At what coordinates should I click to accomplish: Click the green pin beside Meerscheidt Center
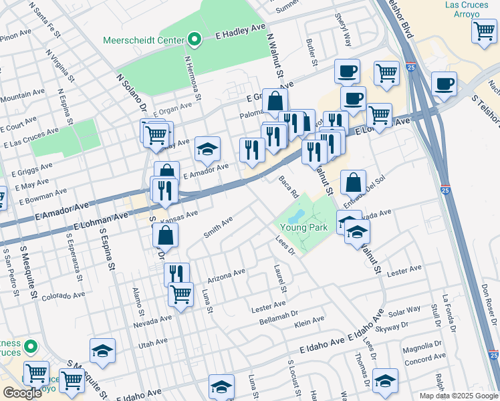(x=195, y=40)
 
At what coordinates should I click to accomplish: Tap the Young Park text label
(x=308, y=227)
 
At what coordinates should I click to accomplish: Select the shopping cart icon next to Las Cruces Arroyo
(x=483, y=31)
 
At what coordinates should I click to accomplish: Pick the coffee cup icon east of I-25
(x=444, y=84)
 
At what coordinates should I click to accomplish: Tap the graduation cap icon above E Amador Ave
(x=208, y=149)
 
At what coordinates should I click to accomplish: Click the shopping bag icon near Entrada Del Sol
(x=353, y=182)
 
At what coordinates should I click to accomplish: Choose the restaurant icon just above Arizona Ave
(x=176, y=274)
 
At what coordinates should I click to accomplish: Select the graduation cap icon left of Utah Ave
(x=102, y=350)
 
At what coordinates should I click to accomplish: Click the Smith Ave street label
(x=218, y=227)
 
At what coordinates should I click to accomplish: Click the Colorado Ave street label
(x=64, y=295)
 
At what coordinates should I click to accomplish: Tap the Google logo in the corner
(x=22, y=393)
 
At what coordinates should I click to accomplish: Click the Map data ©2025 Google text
(x=458, y=396)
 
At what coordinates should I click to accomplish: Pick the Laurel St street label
(x=280, y=279)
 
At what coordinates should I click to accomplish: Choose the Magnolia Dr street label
(x=423, y=349)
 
